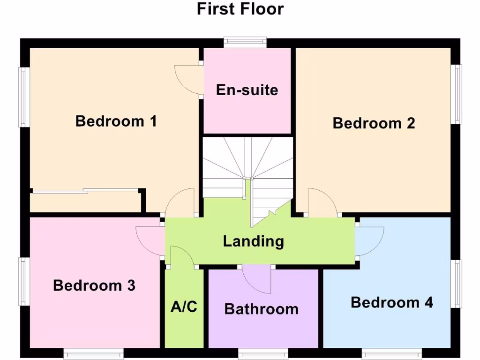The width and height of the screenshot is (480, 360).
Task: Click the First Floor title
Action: click(x=240, y=9)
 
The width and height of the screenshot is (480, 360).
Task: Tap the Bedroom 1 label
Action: click(x=116, y=121)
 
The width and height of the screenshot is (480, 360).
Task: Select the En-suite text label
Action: click(x=247, y=90)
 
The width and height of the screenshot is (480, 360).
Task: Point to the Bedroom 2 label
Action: click(x=374, y=123)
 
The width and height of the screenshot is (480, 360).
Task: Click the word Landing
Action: click(x=253, y=241)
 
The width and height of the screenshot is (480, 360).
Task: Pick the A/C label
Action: click(x=184, y=307)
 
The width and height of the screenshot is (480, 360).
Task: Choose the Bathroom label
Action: click(x=261, y=309)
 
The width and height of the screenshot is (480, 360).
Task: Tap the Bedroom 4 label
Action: click(x=391, y=302)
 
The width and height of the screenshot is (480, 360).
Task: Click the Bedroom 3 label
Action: click(x=94, y=285)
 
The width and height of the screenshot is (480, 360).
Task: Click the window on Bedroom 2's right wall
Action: click(x=456, y=94)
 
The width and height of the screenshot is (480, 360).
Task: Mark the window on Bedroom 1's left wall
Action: click(x=24, y=97)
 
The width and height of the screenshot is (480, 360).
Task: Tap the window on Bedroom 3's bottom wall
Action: click(x=93, y=353)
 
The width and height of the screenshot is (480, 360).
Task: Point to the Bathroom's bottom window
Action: click(x=263, y=353)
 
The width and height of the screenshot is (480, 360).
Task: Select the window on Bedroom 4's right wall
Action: click(x=456, y=284)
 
